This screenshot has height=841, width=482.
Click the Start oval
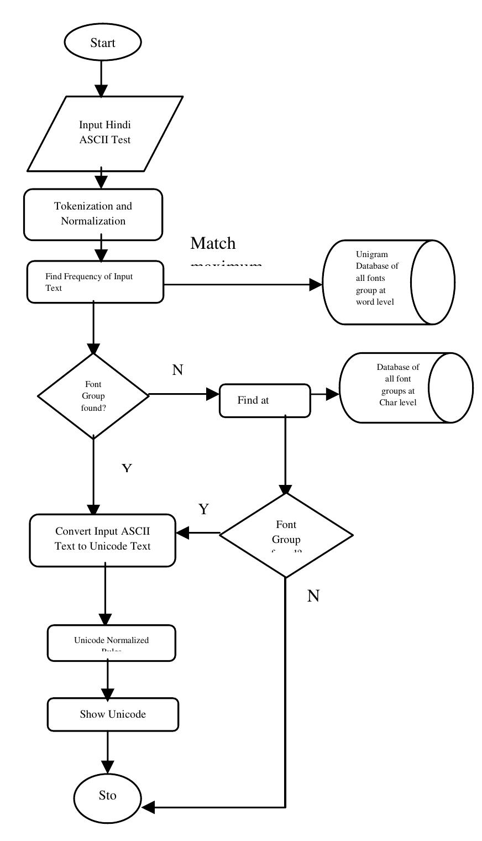point(103,43)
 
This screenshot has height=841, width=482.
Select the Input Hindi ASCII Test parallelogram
point(105,133)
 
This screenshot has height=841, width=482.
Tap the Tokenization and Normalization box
point(93,214)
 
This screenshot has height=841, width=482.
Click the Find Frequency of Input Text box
point(95,282)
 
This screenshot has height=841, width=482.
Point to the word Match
point(213,243)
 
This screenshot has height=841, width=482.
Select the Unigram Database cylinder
point(389,282)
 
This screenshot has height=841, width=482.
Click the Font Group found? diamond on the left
point(93,396)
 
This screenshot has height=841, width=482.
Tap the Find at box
point(265,400)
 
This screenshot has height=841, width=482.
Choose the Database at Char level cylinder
point(406,388)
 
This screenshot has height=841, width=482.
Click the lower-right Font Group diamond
point(286,535)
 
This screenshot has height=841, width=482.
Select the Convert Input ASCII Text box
point(103,540)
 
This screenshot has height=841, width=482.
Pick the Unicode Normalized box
point(112,642)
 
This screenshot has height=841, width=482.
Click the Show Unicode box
point(113,714)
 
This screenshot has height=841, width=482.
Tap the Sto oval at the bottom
point(108,796)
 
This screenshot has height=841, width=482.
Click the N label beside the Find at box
point(177,370)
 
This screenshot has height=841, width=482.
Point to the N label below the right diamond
point(313,596)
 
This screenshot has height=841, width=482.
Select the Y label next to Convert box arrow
point(204,509)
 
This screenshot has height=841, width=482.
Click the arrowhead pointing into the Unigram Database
point(316,285)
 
